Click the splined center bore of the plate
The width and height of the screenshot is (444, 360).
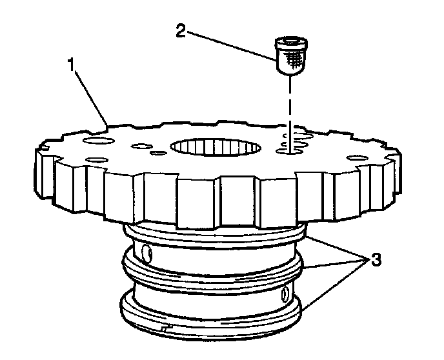[216, 146]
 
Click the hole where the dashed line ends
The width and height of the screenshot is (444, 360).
[288, 151]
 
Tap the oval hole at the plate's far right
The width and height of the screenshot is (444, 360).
[356, 157]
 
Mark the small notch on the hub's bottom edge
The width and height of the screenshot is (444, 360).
[166, 329]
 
